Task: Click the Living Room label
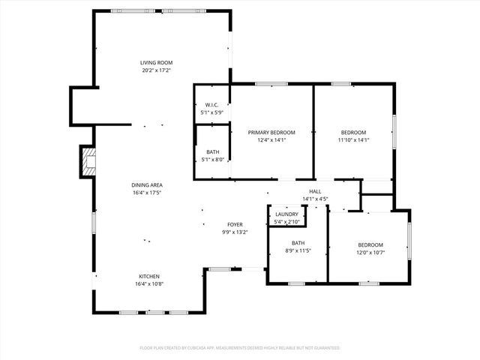coord(157,62)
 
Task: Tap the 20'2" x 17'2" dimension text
coord(157,70)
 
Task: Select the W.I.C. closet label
coord(211,105)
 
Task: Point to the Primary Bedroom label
coord(271,132)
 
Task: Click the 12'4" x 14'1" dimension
coord(271,139)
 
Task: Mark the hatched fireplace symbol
coord(89,162)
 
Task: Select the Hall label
coord(315,191)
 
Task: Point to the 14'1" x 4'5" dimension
coord(315,199)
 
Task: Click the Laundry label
coord(286,214)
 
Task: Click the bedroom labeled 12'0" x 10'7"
coord(370,245)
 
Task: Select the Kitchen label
coord(148,276)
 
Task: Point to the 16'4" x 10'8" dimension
coord(148,284)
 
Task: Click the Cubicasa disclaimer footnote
coord(240,348)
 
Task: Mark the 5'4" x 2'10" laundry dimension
coord(286,222)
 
